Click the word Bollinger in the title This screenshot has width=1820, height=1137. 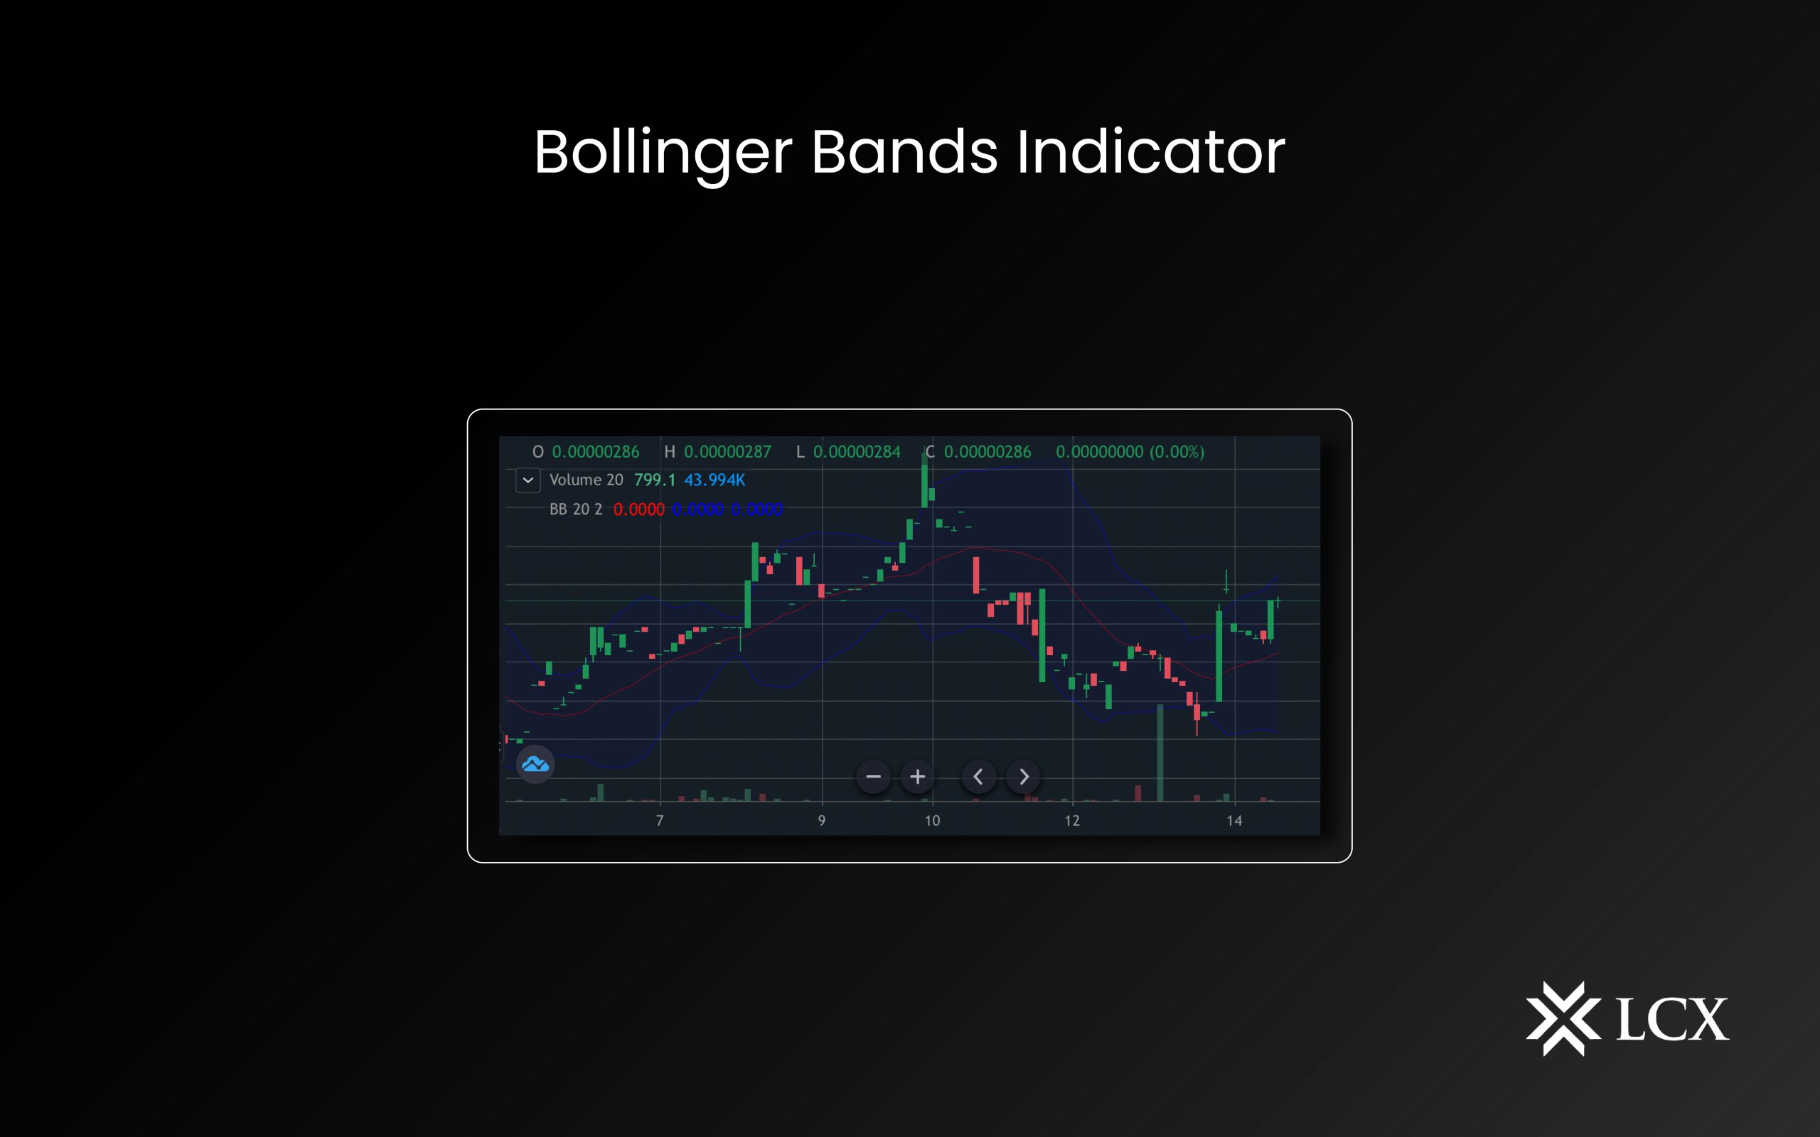663,153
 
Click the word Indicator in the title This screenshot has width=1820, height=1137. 1151,153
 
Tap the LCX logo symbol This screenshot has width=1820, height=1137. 1563,1018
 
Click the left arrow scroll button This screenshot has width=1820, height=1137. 978,777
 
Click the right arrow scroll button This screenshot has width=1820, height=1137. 1024,777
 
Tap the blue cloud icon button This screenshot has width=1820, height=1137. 535,765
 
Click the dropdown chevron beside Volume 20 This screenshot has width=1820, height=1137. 528,480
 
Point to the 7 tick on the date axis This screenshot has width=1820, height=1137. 660,820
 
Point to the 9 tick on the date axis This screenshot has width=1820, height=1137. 821,820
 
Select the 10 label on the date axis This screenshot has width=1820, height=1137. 932,820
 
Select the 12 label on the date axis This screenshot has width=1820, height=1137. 1071,820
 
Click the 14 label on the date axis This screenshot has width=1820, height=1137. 1234,820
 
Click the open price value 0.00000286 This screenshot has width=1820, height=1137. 596,452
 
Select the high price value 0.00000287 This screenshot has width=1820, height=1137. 727,452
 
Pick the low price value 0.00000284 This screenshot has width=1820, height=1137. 857,452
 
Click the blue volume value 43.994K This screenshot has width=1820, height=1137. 714,480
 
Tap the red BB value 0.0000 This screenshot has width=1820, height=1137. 638,510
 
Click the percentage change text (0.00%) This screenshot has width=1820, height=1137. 1177,452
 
